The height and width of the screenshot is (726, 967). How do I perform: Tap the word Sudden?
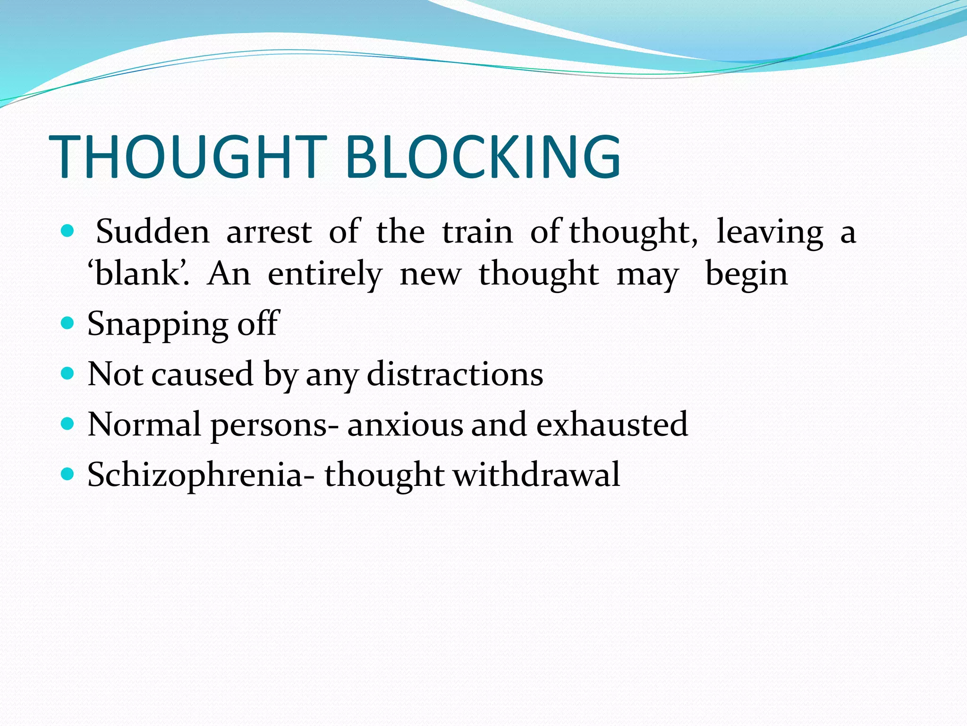tap(153, 232)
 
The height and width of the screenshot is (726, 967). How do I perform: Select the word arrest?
tap(269, 232)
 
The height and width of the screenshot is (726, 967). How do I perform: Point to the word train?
tap(477, 232)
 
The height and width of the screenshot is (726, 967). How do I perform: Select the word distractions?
tap(455, 374)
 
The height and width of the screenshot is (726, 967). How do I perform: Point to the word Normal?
tap(144, 424)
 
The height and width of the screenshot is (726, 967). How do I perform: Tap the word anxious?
tap(405, 424)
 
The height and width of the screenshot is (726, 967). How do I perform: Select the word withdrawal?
tap(536, 475)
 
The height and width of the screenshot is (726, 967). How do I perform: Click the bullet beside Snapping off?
tap(68, 323)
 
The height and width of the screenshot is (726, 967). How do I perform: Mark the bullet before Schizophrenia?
tap(68, 474)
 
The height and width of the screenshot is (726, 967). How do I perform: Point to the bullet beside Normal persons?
tap(68, 423)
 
